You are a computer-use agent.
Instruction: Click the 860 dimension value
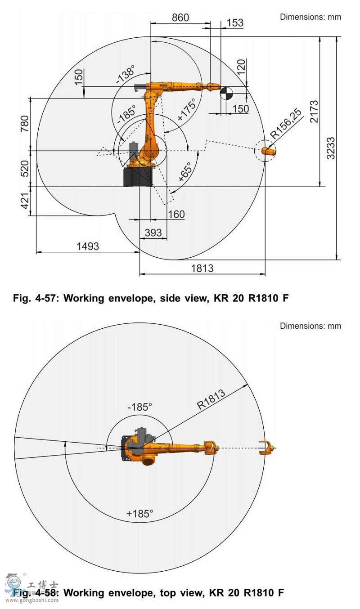point(180,18)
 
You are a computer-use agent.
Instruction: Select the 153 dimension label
point(234,23)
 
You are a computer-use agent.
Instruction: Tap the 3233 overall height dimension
point(331,148)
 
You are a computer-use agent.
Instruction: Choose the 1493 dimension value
point(88,246)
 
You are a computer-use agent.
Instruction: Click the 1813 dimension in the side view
point(202,268)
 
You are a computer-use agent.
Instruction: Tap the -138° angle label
point(126,74)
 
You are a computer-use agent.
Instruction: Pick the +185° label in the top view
point(139,514)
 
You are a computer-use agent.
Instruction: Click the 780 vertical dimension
point(24,125)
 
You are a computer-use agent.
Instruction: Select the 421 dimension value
point(24,201)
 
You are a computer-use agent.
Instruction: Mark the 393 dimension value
point(153,233)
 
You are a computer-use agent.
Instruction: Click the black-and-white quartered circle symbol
point(225,94)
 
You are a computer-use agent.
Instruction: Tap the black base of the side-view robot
point(139,177)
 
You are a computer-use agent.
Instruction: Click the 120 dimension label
point(241,67)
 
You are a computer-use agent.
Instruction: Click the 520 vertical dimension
point(24,169)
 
